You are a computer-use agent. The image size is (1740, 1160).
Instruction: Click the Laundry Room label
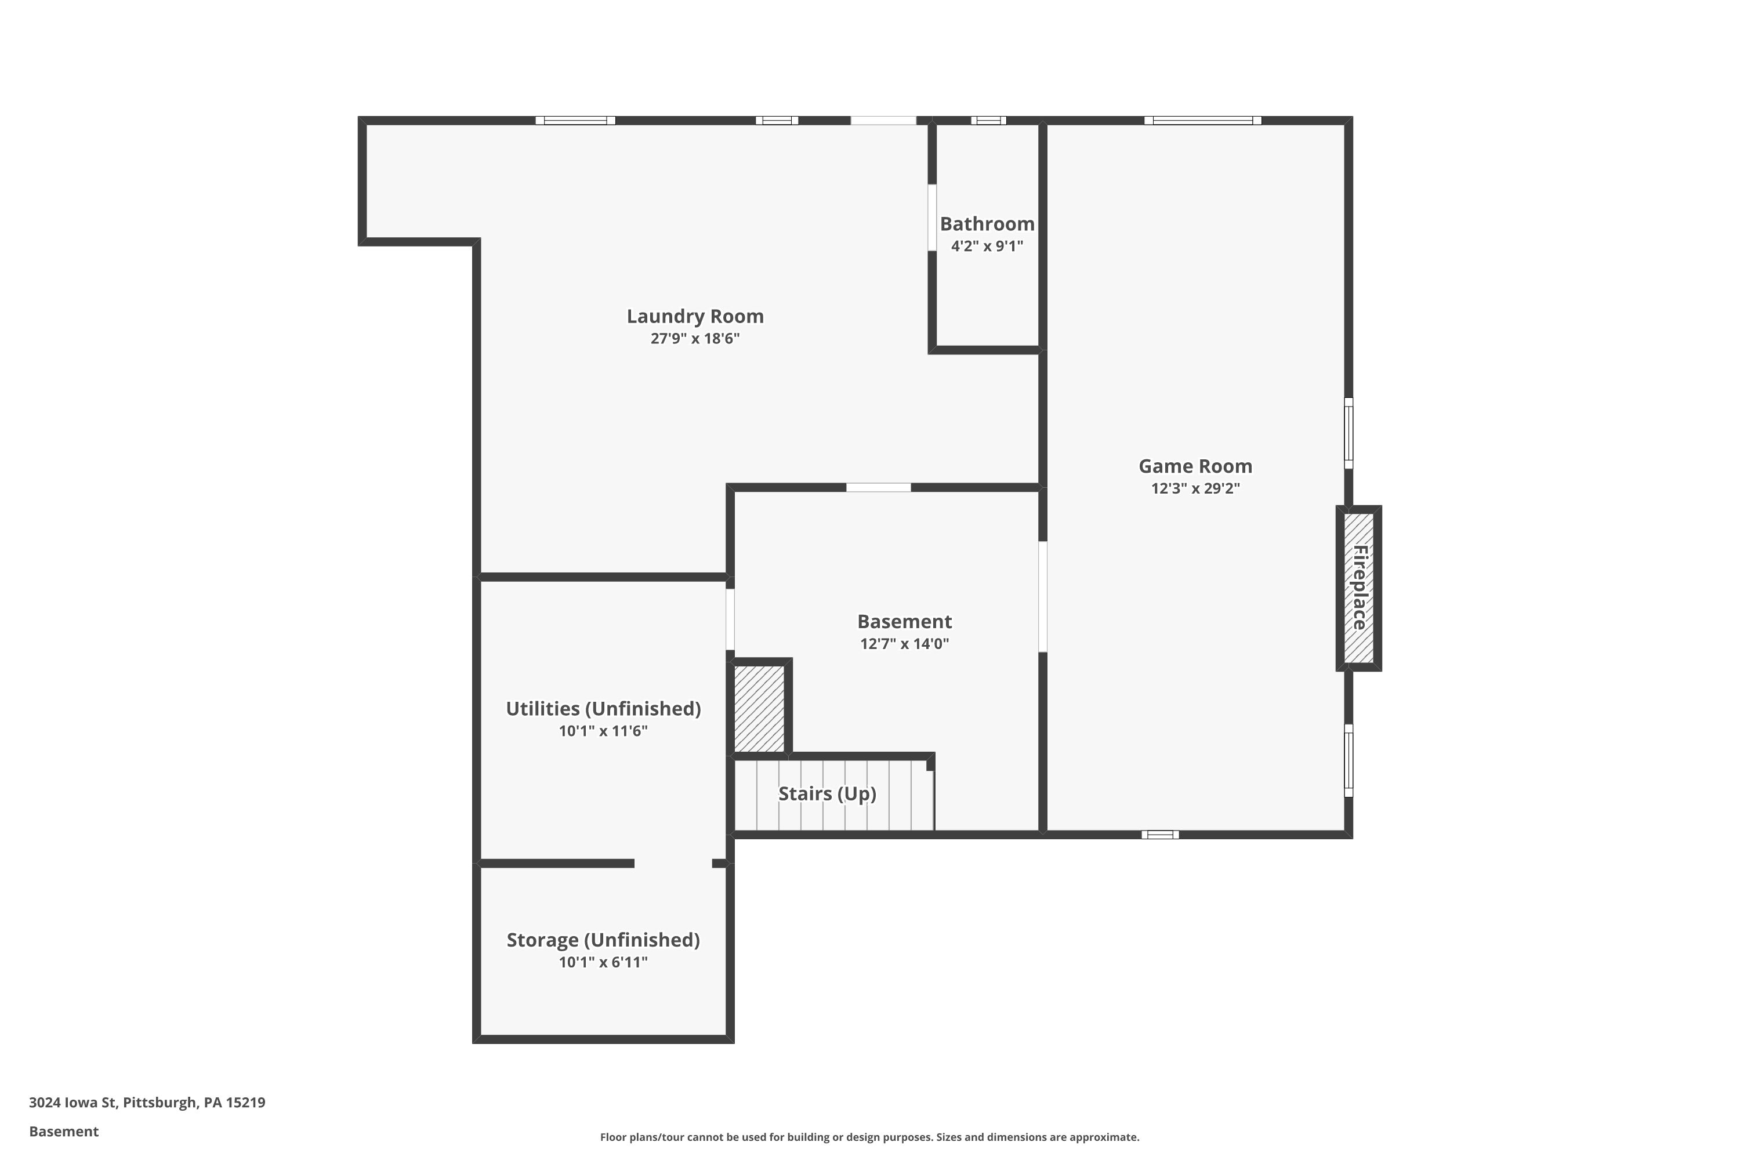[x=695, y=317]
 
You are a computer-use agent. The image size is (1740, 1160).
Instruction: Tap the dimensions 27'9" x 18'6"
[x=695, y=339]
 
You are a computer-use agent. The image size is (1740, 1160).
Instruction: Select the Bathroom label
[x=987, y=224]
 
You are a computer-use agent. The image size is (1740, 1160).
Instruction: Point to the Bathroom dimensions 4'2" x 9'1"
[x=987, y=246]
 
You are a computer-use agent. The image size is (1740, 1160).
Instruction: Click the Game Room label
[x=1195, y=466]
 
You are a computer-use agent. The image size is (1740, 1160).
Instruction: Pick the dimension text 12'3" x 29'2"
[x=1195, y=488]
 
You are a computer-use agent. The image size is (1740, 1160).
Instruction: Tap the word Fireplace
[x=1359, y=588]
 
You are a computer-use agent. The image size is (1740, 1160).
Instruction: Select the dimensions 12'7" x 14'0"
[x=904, y=644]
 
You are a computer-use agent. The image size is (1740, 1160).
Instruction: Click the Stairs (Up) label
[x=827, y=794]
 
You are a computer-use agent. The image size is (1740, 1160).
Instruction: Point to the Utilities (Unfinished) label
[x=603, y=709]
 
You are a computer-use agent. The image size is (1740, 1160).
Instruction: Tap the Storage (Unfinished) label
[x=603, y=940]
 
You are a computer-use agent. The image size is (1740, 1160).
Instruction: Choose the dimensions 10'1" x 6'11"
[x=603, y=962]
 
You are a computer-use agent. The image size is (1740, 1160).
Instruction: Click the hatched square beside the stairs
[x=759, y=709]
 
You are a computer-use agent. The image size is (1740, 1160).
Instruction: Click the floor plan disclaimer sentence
[x=869, y=1137]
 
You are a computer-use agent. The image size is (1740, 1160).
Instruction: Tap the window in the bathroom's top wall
[x=988, y=121]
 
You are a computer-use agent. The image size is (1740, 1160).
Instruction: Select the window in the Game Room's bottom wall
[x=1159, y=835]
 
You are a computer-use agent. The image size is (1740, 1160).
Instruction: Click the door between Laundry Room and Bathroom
[x=932, y=217]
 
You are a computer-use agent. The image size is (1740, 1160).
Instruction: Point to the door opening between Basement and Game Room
[x=1042, y=596]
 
